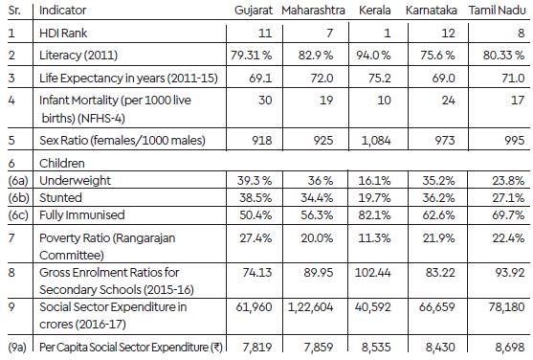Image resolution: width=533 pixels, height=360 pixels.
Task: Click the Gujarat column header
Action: click(x=254, y=11)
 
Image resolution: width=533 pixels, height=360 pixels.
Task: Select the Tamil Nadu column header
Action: click(x=498, y=11)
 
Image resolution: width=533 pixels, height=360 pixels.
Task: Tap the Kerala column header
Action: click(x=374, y=11)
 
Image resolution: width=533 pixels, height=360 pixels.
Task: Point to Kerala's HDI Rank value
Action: click(x=387, y=33)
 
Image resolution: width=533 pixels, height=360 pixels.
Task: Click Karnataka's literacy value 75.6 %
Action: click(x=437, y=56)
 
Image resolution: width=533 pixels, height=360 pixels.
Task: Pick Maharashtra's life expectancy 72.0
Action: click(x=322, y=79)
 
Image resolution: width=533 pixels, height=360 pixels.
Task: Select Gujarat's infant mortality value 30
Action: click(x=265, y=100)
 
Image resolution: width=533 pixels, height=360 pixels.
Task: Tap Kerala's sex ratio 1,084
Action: click(x=376, y=141)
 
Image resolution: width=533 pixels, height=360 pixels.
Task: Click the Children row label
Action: click(x=62, y=164)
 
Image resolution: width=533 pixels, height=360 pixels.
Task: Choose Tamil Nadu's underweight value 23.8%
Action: click(x=508, y=180)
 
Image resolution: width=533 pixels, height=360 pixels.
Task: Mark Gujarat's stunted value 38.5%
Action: click(x=255, y=197)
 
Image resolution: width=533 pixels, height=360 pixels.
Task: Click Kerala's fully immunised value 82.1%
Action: click(x=374, y=215)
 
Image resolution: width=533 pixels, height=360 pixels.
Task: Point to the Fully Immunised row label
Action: click(x=82, y=215)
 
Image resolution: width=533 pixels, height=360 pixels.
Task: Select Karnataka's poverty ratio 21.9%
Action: click(x=438, y=238)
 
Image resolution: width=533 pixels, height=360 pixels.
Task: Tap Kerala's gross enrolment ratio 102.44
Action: click(x=372, y=273)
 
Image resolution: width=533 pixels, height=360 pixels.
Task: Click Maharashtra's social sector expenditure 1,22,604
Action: click(x=310, y=307)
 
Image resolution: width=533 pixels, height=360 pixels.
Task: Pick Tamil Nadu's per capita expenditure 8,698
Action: click(x=509, y=347)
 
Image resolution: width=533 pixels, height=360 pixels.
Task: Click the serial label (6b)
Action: click(x=19, y=198)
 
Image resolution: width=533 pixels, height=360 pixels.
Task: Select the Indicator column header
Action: click(x=62, y=11)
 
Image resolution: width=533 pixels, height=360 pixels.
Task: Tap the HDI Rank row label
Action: click(x=63, y=33)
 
